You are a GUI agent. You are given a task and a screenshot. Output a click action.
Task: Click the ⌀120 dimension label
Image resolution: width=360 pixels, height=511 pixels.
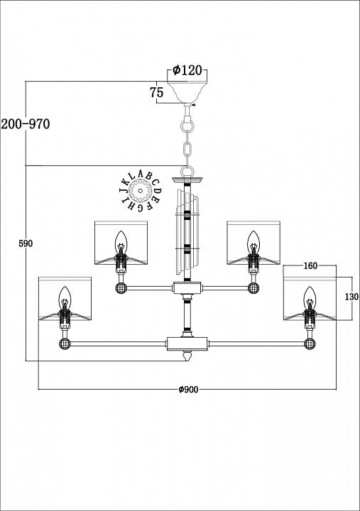click(187, 70)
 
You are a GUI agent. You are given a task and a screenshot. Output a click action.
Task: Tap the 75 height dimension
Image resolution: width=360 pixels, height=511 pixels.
click(156, 92)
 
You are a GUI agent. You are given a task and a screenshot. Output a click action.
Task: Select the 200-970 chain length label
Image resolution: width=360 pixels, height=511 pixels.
click(26, 123)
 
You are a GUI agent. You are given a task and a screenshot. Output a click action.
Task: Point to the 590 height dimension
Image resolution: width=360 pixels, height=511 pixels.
click(26, 243)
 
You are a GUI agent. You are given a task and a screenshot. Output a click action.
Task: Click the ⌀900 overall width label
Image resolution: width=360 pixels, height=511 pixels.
click(188, 389)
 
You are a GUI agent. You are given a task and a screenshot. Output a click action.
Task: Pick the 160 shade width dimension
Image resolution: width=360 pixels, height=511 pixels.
click(310, 266)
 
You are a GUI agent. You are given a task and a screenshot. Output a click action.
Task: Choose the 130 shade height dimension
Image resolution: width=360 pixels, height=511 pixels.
click(351, 297)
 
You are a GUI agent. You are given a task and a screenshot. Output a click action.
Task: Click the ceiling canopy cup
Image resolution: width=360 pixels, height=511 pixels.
click(187, 92)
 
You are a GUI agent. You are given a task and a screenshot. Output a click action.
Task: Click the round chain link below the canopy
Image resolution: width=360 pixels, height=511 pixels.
click(187, 126)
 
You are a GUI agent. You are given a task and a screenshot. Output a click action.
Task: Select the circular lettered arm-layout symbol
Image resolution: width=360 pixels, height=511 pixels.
click(140, 191)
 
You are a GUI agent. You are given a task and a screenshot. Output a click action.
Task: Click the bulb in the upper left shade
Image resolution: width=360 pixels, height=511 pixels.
click(121, 242)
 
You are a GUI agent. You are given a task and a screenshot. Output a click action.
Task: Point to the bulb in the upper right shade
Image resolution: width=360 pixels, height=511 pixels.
click(253, 242)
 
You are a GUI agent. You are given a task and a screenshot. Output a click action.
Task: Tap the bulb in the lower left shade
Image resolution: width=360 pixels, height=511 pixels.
click(65, 297)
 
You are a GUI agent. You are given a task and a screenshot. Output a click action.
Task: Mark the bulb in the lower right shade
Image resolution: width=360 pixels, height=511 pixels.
click(309, 297)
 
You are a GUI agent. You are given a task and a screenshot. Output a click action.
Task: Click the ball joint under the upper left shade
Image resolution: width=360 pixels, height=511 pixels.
click(121, 288)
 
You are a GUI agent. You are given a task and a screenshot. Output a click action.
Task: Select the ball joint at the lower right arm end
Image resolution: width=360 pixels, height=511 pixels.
click(310, 344)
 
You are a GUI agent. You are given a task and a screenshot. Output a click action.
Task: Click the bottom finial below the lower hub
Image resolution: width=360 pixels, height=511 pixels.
click(187, 356)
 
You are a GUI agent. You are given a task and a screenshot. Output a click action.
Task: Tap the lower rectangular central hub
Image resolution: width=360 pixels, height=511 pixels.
click(187, 344)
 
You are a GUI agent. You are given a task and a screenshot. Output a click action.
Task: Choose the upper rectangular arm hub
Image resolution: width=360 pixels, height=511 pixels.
click(187, 287)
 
